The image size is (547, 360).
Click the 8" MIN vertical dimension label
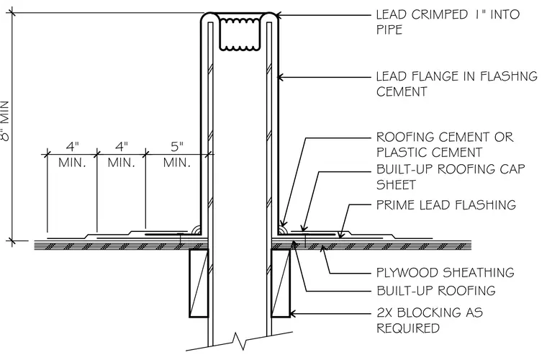point(6,121)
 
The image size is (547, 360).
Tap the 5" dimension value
point(177,146)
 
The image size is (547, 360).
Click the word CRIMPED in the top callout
point(440,14)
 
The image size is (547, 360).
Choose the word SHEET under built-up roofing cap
point(397,184)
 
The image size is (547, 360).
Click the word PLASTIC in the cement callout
point(401,153)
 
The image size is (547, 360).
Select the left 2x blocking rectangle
point(199,283)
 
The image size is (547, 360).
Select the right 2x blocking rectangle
point(281,283)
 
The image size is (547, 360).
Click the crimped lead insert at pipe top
point(240,34)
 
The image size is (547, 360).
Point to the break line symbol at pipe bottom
point(239,341)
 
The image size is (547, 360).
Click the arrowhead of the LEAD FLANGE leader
point(280,77)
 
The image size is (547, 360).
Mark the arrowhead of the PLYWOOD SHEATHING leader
point(323,248)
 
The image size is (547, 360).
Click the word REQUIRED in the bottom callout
point(408,328)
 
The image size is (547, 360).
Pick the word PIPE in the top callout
point(389,30)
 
